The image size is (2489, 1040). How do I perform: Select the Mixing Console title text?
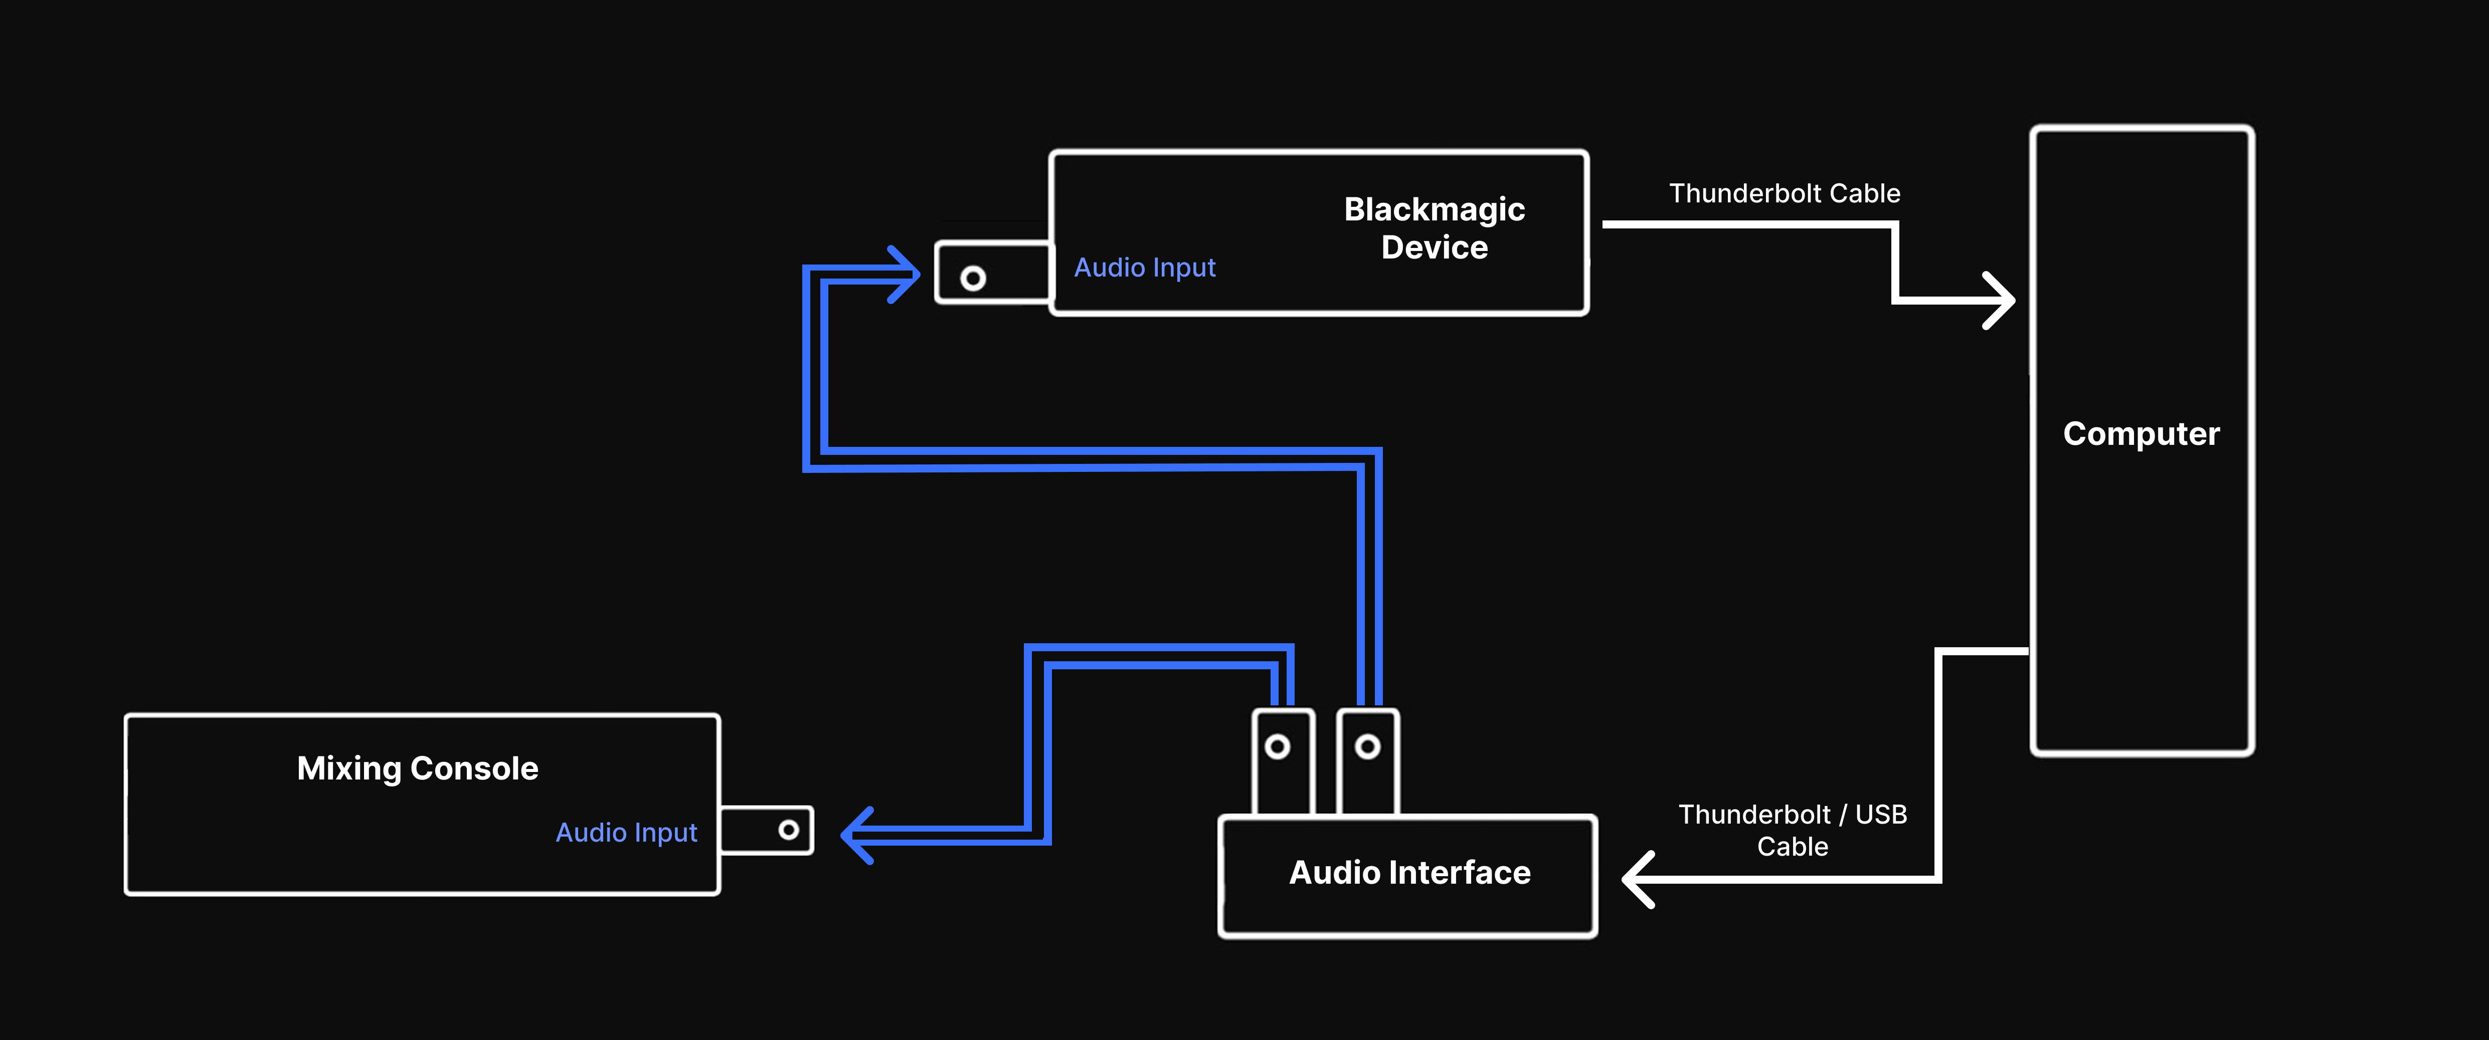(x=417, y=768)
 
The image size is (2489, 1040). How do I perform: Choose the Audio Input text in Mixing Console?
(x=626, y=833)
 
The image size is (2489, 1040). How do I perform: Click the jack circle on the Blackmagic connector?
(x=973, y=278)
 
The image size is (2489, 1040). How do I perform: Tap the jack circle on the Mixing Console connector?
(x=788, y=830)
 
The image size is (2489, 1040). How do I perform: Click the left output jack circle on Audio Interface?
(x=1278, y=746)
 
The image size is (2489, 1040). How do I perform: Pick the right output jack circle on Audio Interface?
(x=1367, y=746)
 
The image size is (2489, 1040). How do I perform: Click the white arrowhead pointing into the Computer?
(x=2000, y=300)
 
